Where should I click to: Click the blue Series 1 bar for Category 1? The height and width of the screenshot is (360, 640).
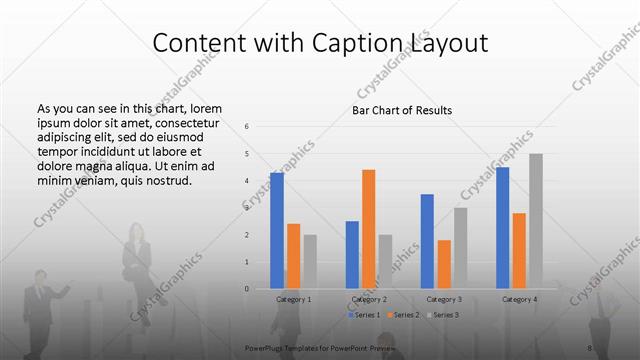click(277, 230)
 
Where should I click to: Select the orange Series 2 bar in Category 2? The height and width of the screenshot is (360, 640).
click(368, 229)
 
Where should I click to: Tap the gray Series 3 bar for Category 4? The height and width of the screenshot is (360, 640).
click(536, 221)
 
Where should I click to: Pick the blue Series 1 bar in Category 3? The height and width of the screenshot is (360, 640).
click(427, 241)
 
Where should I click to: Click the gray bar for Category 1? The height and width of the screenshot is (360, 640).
click(310, 261)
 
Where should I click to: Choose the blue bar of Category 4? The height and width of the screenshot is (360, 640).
click(502, 227)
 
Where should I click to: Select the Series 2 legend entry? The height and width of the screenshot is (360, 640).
click(404, 315)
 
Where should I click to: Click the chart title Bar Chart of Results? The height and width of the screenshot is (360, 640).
click(402, 109)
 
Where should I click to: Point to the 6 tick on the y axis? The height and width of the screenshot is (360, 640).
click(247, 127)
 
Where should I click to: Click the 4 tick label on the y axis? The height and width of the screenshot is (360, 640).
click(247, 181)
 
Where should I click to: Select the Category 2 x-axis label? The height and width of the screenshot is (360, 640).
click(369, 299)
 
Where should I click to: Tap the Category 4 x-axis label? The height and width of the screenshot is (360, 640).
click(520, 299)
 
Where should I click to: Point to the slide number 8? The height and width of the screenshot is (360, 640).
click(590, 347)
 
